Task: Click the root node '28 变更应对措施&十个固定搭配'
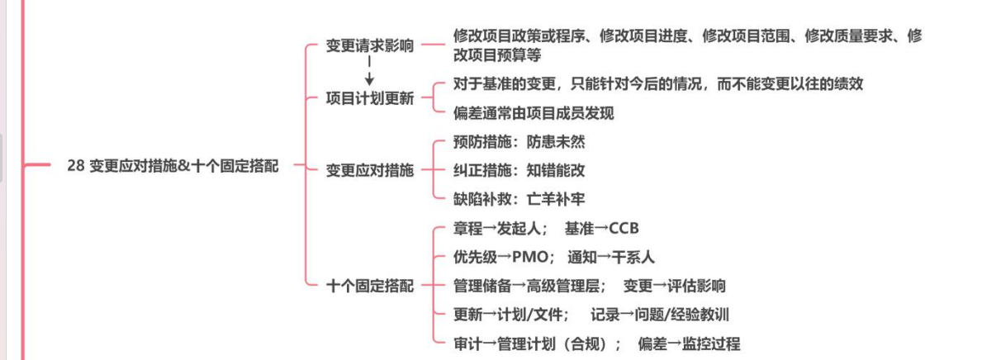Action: click(173, 166)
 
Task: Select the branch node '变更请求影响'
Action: click(370, 45)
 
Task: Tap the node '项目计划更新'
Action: click(370, 98)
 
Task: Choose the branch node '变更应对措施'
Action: click(370, 171)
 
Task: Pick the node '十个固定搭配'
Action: click(370, 286)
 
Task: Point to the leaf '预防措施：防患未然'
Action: click(519, 142)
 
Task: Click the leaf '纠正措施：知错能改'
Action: click(519, 171)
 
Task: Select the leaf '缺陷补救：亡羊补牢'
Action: click(519, 199)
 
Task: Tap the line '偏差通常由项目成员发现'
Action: click(534, 113)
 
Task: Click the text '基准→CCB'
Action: click(602, 229)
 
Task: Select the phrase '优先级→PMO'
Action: click(501, 257)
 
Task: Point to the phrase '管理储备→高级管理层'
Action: click(529, 286)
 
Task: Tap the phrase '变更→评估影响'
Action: click(674, 286)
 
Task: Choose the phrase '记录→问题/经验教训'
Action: click(660, 314)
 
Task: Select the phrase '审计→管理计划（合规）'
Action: click(536, 343)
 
